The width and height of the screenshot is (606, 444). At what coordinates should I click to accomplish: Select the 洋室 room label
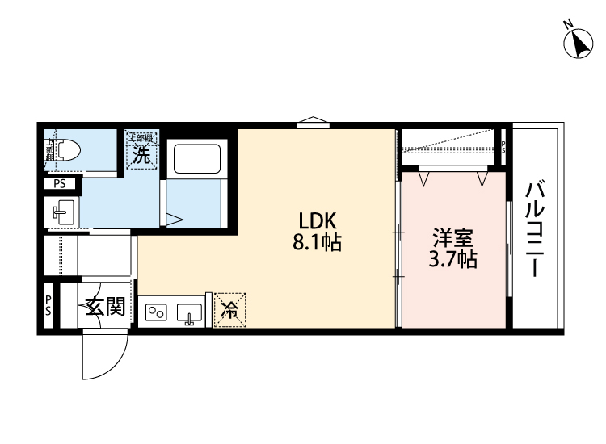452,238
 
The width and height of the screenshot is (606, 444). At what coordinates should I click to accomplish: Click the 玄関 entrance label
106,307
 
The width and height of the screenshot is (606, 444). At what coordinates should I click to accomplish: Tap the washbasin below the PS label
61,214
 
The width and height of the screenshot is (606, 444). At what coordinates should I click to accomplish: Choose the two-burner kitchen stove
156,312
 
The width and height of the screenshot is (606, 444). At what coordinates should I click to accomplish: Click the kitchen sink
191,312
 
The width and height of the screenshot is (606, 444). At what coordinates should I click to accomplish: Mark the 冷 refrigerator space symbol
229,309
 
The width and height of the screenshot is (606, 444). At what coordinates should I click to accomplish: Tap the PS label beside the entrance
48,305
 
